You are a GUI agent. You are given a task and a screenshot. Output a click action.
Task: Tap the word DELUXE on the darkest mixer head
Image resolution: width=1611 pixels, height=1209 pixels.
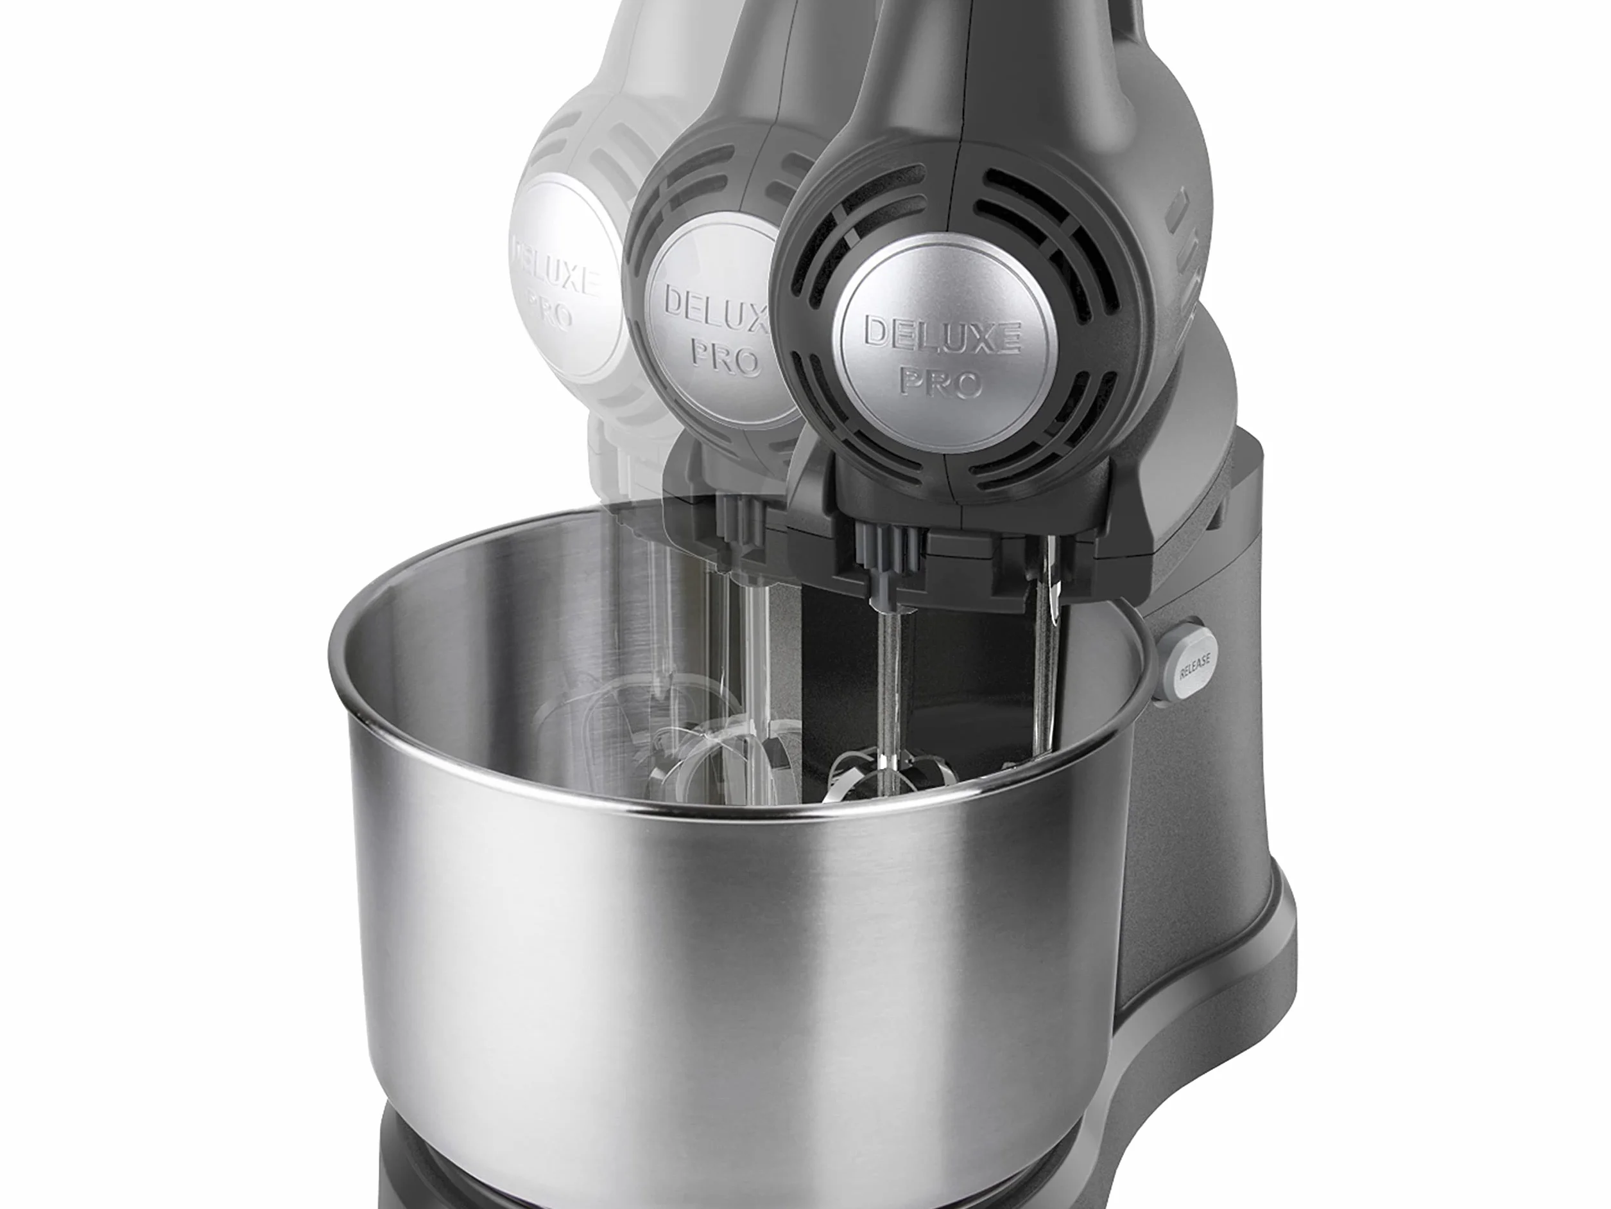(x=942, y=336)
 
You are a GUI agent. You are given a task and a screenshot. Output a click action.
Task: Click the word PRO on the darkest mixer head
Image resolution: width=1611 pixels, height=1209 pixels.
(x=942, y=380)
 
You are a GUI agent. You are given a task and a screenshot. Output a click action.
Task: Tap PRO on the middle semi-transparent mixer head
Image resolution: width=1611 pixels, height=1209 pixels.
(x=725, y=357)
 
